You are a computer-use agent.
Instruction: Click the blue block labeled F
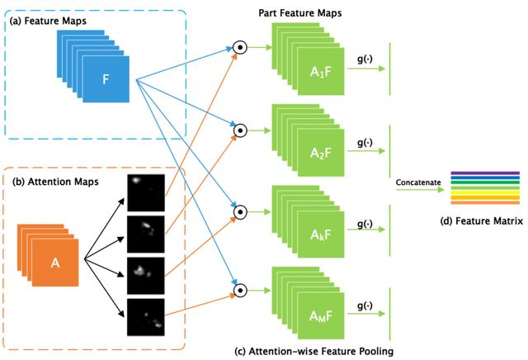(106, 79)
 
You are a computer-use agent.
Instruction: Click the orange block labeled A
(55, 263)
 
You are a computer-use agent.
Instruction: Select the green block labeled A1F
(321, 72)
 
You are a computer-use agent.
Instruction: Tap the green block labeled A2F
(321, 153)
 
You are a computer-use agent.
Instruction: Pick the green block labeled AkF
(321, 234)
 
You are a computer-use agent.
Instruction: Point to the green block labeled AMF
(321, 316)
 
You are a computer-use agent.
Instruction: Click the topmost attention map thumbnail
(146, 193)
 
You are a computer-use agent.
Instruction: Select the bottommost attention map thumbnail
(146, 317)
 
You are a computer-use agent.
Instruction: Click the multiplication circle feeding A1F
(240, 48)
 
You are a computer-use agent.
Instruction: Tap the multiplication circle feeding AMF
(240, 290)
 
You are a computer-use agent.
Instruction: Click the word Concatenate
(418, 182)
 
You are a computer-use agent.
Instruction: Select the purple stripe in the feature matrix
(485, 173)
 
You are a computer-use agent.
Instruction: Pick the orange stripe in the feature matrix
(485, 202)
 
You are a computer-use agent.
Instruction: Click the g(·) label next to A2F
(365, 143)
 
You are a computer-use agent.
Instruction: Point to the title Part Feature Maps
(300, 13)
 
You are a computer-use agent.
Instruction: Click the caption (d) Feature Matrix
(482, 221)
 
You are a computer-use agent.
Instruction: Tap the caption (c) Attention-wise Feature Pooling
(314, 351)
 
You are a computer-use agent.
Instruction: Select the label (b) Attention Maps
(55, 182)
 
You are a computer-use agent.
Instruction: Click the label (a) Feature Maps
(48, 21)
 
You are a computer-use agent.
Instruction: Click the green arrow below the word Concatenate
(420, 189)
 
